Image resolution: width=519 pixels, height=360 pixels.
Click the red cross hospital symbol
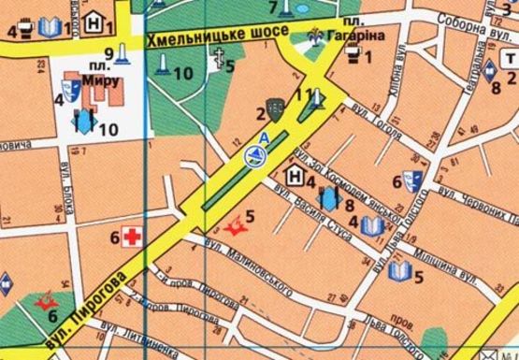[134, 238]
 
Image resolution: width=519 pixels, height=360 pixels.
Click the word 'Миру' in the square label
[100, 81]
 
